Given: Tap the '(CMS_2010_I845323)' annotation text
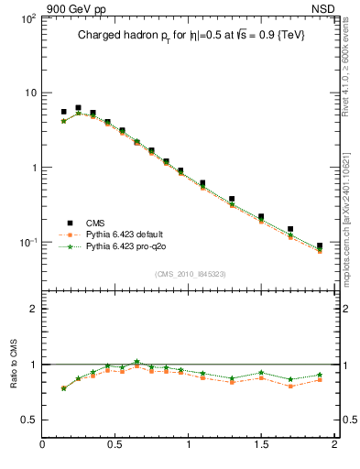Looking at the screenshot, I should click(x=190, y=274).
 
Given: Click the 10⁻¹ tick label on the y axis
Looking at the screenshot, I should click(x=25, y=243).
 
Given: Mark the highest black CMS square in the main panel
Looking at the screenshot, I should click(x=78, y=108).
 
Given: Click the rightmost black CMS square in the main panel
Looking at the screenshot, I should click(x=319, y=245).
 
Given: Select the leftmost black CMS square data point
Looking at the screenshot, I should click(x=63, y=112).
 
